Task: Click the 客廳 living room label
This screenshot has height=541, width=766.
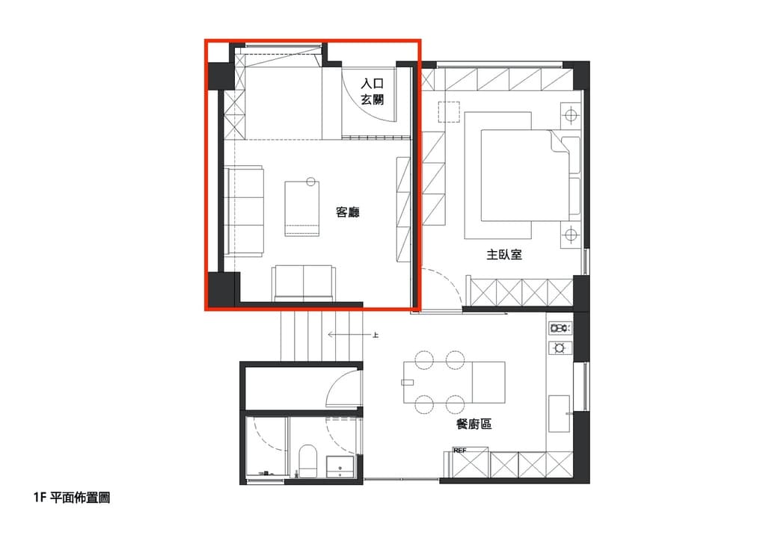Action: [348, 212]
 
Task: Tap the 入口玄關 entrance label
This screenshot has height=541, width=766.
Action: [373, 91]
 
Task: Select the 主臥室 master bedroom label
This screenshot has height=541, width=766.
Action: [504, 254]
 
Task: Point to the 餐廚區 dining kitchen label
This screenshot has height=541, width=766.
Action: [474, 424]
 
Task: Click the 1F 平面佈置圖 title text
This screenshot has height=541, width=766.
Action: [72, 498]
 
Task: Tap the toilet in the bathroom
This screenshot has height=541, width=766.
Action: [307, 461]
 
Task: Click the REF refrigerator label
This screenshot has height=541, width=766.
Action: [460, 451]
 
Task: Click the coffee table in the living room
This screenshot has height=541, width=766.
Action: [302, 208]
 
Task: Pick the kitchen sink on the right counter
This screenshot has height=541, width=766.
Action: [559, 414]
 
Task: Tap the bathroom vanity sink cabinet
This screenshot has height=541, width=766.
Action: [340, 467]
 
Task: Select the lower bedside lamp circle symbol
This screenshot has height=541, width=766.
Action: [571, 235]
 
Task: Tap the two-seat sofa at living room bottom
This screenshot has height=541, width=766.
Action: [304, 283]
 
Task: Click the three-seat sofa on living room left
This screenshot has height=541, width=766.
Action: [244, 211]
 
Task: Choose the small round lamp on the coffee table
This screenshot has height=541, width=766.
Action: [310, 182]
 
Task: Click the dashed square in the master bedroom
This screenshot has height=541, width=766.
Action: [449, 112]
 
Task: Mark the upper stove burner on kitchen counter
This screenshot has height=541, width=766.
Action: [560, 328]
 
